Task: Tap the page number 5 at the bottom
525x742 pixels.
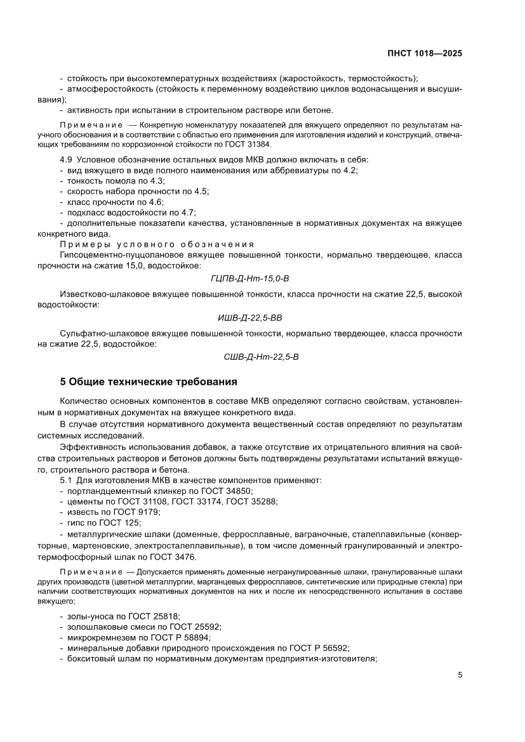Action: click(460, 675)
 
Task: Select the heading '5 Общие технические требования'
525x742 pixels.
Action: click(148, 382)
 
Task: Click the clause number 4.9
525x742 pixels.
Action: click(66, 159)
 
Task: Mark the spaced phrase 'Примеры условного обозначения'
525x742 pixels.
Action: click(157, 244)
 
